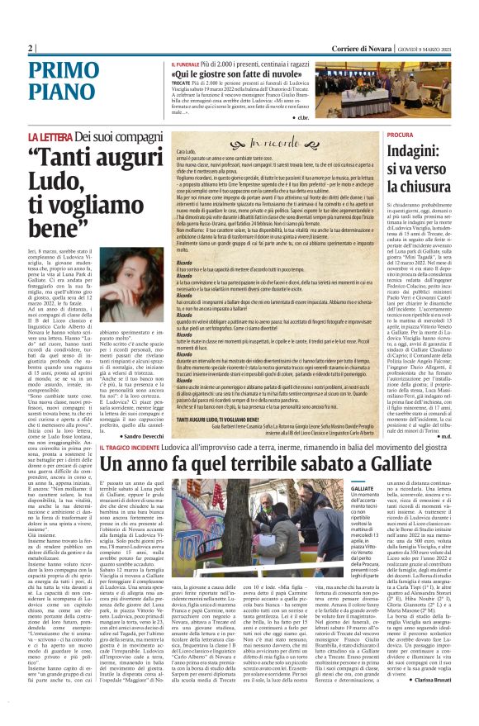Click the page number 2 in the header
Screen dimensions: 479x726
coord(30,47)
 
